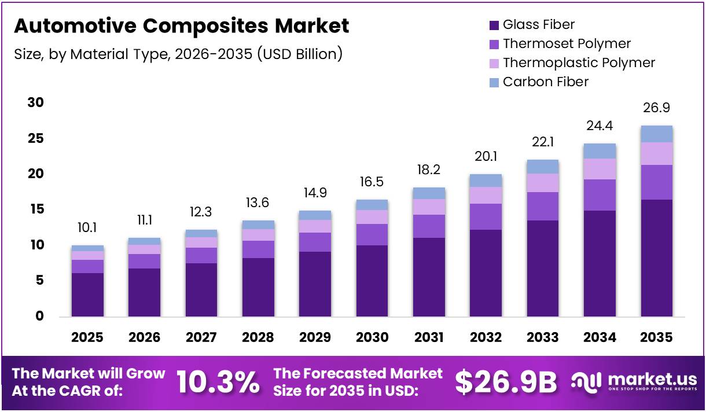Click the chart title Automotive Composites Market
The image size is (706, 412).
tap(181, 26)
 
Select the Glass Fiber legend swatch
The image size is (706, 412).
tap(494, 25)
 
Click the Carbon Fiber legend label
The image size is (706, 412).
tap(545, 82)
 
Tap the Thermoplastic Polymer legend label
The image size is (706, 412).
tap(579, 62)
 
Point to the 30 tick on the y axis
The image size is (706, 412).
tap(35, 103)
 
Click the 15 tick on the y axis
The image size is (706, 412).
tap(35, 209)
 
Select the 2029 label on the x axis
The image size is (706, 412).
tap(314, 337)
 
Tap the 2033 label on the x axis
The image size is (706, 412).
tap(542, 337)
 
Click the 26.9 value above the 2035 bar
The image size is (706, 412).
tap(656, 108)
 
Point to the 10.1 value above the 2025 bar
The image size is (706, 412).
tap(87, 228)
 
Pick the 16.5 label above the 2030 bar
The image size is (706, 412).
tap(372, 182)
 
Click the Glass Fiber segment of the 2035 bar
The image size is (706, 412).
tap(656, 257)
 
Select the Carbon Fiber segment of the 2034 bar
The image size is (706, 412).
tap(600, 151)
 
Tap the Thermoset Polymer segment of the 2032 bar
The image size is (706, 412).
tap(486, 216)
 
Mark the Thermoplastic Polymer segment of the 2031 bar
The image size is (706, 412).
tap(429, 207)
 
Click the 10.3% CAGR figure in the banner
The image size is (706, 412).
tap(218, 382)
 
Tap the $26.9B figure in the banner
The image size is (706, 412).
tap(506, 382)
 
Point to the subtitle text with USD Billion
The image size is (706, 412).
tap(178, 54)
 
